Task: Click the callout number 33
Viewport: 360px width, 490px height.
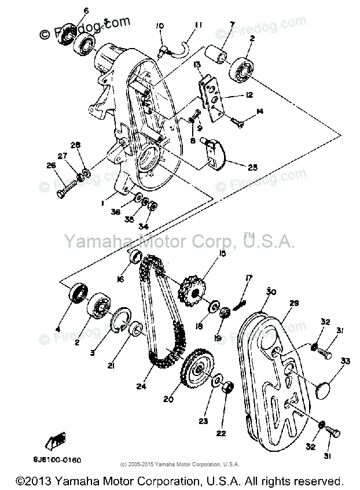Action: pos(345,362)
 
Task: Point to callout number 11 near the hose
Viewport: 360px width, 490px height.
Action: pos(199,25)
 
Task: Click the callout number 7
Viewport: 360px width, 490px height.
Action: pos(232,24)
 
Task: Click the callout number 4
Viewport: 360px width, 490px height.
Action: pos(58,330)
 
